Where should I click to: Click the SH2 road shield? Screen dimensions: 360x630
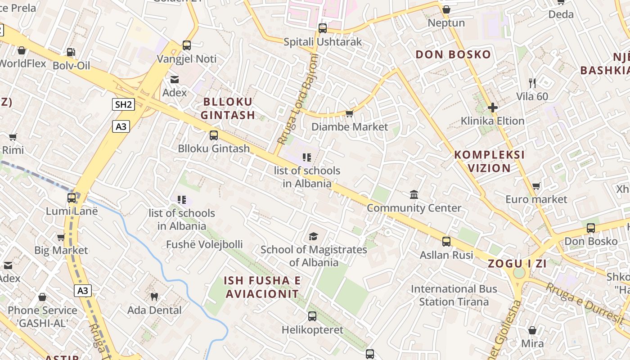124,105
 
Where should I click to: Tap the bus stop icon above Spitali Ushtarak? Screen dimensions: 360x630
322,28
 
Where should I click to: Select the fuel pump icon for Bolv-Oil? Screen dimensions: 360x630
71,52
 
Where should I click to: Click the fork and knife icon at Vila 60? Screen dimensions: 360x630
532,83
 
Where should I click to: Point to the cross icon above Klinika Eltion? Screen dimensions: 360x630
493,108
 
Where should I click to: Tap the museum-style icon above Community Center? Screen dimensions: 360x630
414,194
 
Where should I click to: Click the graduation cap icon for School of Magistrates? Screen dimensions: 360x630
313,236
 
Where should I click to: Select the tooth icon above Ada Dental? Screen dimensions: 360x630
154,297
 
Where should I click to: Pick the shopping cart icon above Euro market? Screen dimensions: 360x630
536,186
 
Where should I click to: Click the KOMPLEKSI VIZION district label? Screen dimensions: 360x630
490,162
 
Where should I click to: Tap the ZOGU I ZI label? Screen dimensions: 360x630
517,264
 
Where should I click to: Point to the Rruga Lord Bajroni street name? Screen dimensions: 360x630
298,99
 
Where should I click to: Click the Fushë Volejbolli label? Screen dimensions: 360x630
204,245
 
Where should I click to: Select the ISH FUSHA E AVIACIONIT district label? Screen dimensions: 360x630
261,287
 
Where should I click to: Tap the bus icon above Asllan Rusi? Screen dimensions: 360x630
446,242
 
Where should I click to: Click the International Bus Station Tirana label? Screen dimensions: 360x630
454,295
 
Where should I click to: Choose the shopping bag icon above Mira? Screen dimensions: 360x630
532,330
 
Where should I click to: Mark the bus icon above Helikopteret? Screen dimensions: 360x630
312,316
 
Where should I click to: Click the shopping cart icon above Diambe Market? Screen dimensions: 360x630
349,113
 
